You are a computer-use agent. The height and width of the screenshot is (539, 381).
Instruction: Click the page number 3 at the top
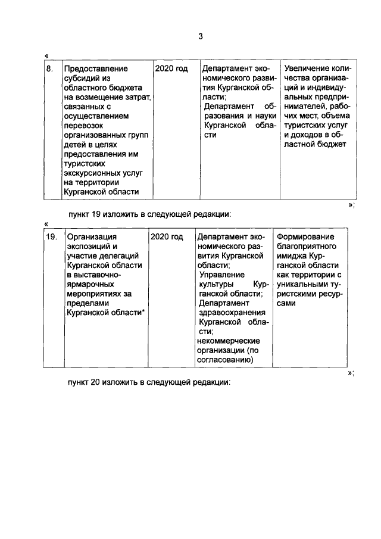pos(201,36)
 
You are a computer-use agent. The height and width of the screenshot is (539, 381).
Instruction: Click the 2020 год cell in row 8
pos(171,69)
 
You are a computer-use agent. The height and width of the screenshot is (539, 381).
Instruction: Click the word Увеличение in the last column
pos(306,69)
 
